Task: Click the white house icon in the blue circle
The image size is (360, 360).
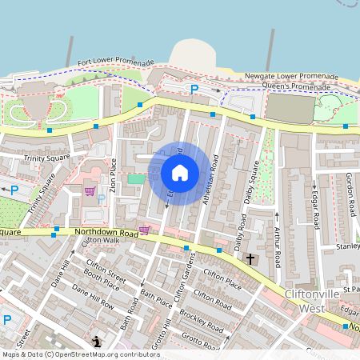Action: (x=180, y=173)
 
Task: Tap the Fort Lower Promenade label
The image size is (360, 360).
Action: (x=115, y=62)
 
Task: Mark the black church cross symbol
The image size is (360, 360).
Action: (x=250, y=259)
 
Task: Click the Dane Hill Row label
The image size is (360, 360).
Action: (x=92, y=296)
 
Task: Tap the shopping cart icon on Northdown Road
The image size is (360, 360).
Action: (x=144, y=230)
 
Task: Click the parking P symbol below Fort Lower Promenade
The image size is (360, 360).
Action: (x=193, y=89)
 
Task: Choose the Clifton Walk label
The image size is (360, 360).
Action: (x=101, y=239)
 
